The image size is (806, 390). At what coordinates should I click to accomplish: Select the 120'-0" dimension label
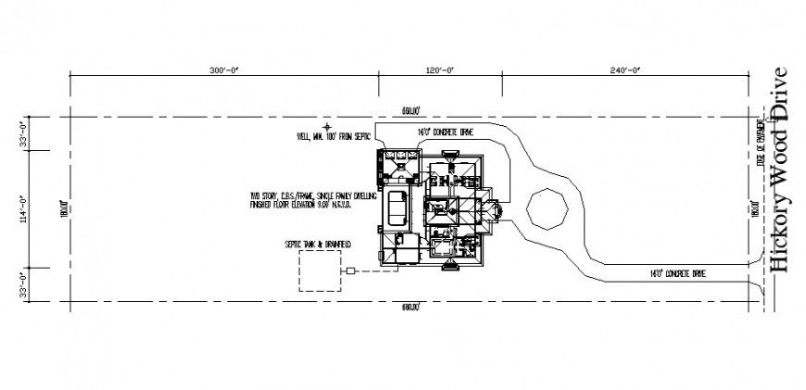pos(440,70)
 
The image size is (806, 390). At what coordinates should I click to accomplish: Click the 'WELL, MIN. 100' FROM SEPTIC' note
pos(333,138)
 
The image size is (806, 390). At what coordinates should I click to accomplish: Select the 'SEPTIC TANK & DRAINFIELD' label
pos(319,244)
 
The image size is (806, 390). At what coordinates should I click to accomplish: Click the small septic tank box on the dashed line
pos(353,270)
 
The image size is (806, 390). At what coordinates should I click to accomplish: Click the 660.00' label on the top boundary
pos(411,111)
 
